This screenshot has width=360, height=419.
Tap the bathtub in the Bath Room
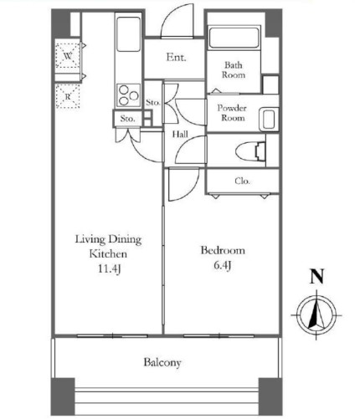click(234, 38)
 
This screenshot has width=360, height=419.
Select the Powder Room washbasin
click(268, 120)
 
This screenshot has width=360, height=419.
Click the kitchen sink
click(128, 34)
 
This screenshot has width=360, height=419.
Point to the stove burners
click(128, 95)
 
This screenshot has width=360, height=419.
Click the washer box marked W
click(67, 56)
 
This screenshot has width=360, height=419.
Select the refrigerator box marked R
click(68, 96)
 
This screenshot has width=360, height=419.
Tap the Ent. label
click(176, 58)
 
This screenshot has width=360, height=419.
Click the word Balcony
click(162, 362)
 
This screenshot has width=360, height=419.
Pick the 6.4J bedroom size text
click(223, 265)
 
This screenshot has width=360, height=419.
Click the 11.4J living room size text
click(109, 268)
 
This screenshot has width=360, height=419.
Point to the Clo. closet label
click(242, 181)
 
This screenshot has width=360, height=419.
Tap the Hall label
click(180, 135)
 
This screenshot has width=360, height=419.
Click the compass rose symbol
click(316, 315)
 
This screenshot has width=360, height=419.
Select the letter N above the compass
click(317, 276)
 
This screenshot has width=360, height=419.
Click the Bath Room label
click(234, 70)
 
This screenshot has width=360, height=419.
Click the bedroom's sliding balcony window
click(219, 336)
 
